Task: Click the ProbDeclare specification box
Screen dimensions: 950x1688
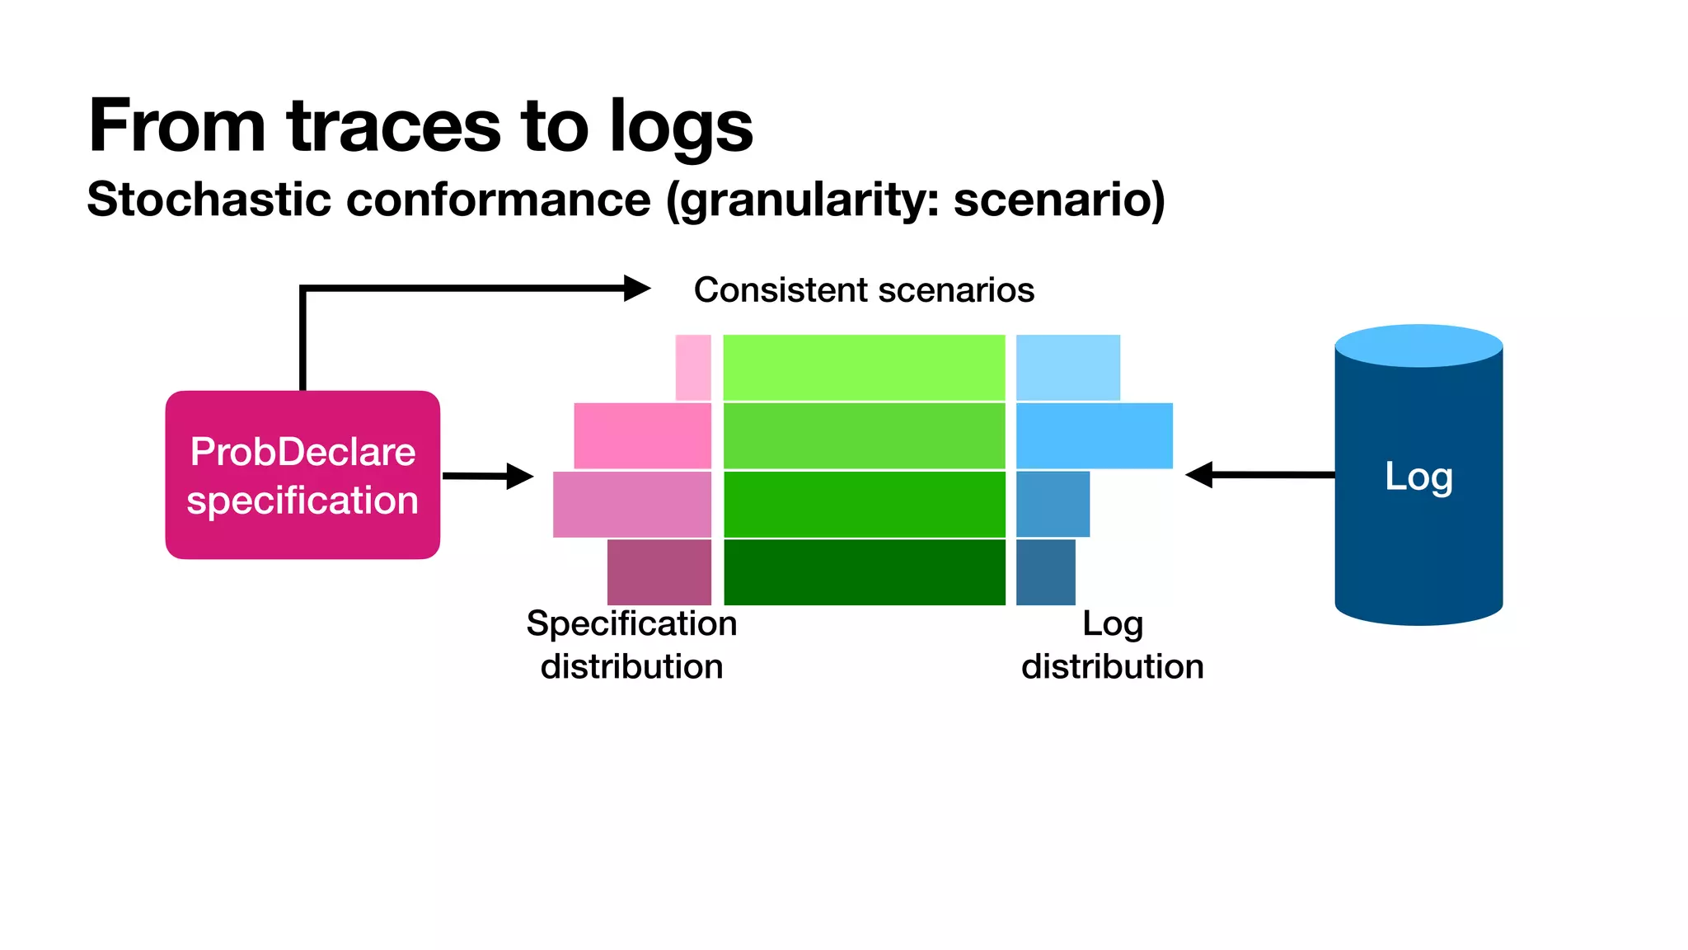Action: tap(302, 475)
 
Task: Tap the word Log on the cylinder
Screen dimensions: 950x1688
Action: tap(1418, 477)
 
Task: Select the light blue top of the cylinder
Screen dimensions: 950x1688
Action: tap(1418, 345)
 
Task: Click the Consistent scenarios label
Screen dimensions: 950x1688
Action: tap(864, 290)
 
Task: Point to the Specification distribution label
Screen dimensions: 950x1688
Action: tap(631, 645)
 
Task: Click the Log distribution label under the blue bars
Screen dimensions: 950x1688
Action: tap(1112, 645)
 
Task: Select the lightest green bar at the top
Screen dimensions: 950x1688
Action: tap(864, 367)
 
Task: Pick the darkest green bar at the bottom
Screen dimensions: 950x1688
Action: tap(864, 572)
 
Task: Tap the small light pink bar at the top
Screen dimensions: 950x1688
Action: tap(693, 367)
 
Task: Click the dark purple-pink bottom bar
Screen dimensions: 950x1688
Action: tap(659, 572)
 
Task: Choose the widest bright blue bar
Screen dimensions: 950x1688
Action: tap(1094, 435)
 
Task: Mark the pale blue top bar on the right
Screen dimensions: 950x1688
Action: tap(1067, 367)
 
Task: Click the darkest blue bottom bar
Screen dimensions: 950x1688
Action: tap(1045, 572)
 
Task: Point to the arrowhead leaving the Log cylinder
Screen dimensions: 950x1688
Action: tap(1199, 474)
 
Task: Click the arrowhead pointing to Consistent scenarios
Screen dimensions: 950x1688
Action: tap(636, 288)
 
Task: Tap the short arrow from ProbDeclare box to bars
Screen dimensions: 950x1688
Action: tap(487, 476)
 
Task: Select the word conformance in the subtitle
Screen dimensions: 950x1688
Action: tap(498, 200)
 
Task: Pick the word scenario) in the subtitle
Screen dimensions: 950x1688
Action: tap(1059, 200)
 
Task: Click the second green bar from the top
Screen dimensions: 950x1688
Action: tap(864, 435)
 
